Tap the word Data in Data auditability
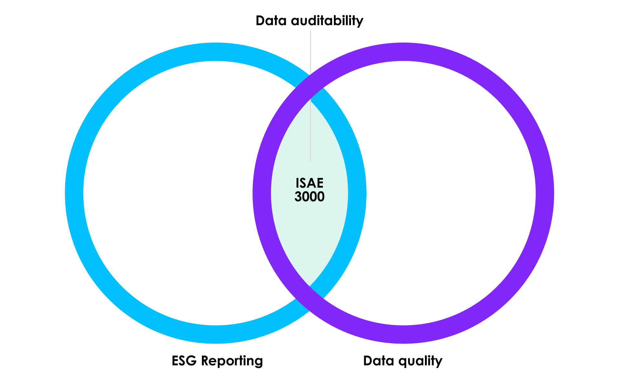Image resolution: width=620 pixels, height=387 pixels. (271, 21)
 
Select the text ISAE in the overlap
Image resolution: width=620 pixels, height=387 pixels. (309, 183)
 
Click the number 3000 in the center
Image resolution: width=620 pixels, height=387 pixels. (309, 196)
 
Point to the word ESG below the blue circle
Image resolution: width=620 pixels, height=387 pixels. (184, 361)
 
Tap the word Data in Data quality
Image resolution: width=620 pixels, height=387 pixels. (379, 361)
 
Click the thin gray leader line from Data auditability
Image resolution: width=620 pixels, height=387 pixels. (310, 96)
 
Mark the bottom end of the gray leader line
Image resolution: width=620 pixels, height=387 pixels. (310, 161)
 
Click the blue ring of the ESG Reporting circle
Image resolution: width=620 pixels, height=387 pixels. (74, 193)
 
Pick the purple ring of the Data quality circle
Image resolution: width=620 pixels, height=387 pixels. (545, 193)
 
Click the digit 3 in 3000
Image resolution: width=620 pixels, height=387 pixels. (298, 196)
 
